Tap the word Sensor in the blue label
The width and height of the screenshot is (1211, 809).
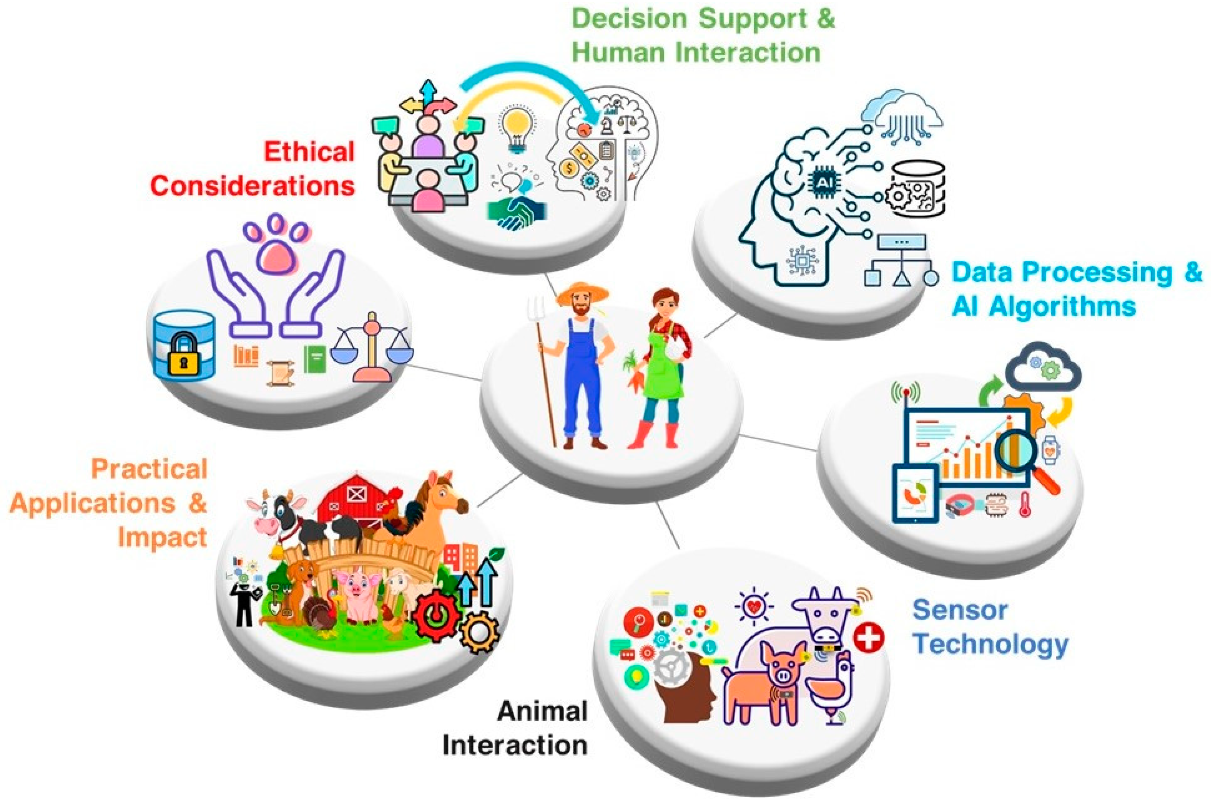960,610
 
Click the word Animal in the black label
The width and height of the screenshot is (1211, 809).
542,711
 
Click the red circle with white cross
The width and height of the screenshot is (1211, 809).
868,638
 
